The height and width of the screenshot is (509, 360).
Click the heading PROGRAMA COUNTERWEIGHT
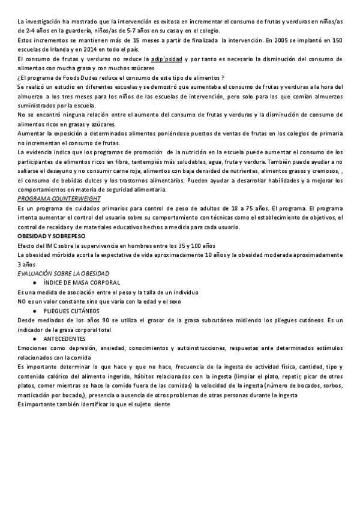coord(59,199)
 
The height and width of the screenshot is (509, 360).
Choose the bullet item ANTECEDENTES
coord(64,339)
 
